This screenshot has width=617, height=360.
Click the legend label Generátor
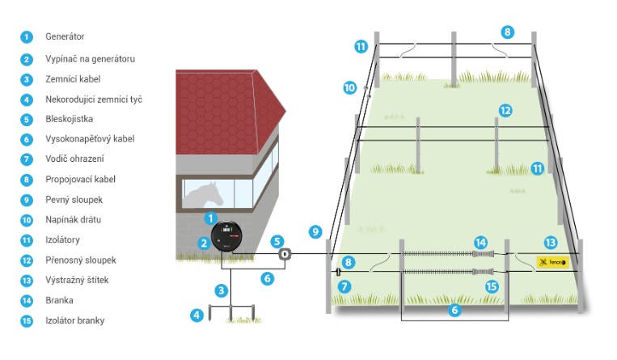point(65,36)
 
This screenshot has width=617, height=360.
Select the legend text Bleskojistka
point(69,119)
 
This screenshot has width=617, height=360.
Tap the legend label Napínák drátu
point(73,219)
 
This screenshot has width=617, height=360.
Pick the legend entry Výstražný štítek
point(77,280)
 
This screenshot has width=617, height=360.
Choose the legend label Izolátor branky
point(74,320)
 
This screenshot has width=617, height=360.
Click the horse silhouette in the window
point(205,195)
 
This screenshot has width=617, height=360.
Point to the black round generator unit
point(226,236)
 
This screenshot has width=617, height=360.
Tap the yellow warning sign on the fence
point(552,262)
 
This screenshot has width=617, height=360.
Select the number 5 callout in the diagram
point(277,241)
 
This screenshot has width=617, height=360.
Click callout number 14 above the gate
point(480,243)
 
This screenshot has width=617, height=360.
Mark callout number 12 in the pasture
point(505,111)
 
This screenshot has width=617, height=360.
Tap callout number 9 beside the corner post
point(315,231)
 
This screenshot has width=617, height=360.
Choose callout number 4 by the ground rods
point(197,315)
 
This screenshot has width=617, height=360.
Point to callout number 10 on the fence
point(349,87)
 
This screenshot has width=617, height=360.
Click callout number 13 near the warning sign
point(550,243)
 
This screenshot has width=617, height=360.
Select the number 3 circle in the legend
point(27,79)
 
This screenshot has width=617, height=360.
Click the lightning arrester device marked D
point(285,254)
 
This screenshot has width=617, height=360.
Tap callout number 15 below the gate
point(492,286)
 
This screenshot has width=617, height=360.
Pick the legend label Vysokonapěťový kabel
point(90,139)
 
